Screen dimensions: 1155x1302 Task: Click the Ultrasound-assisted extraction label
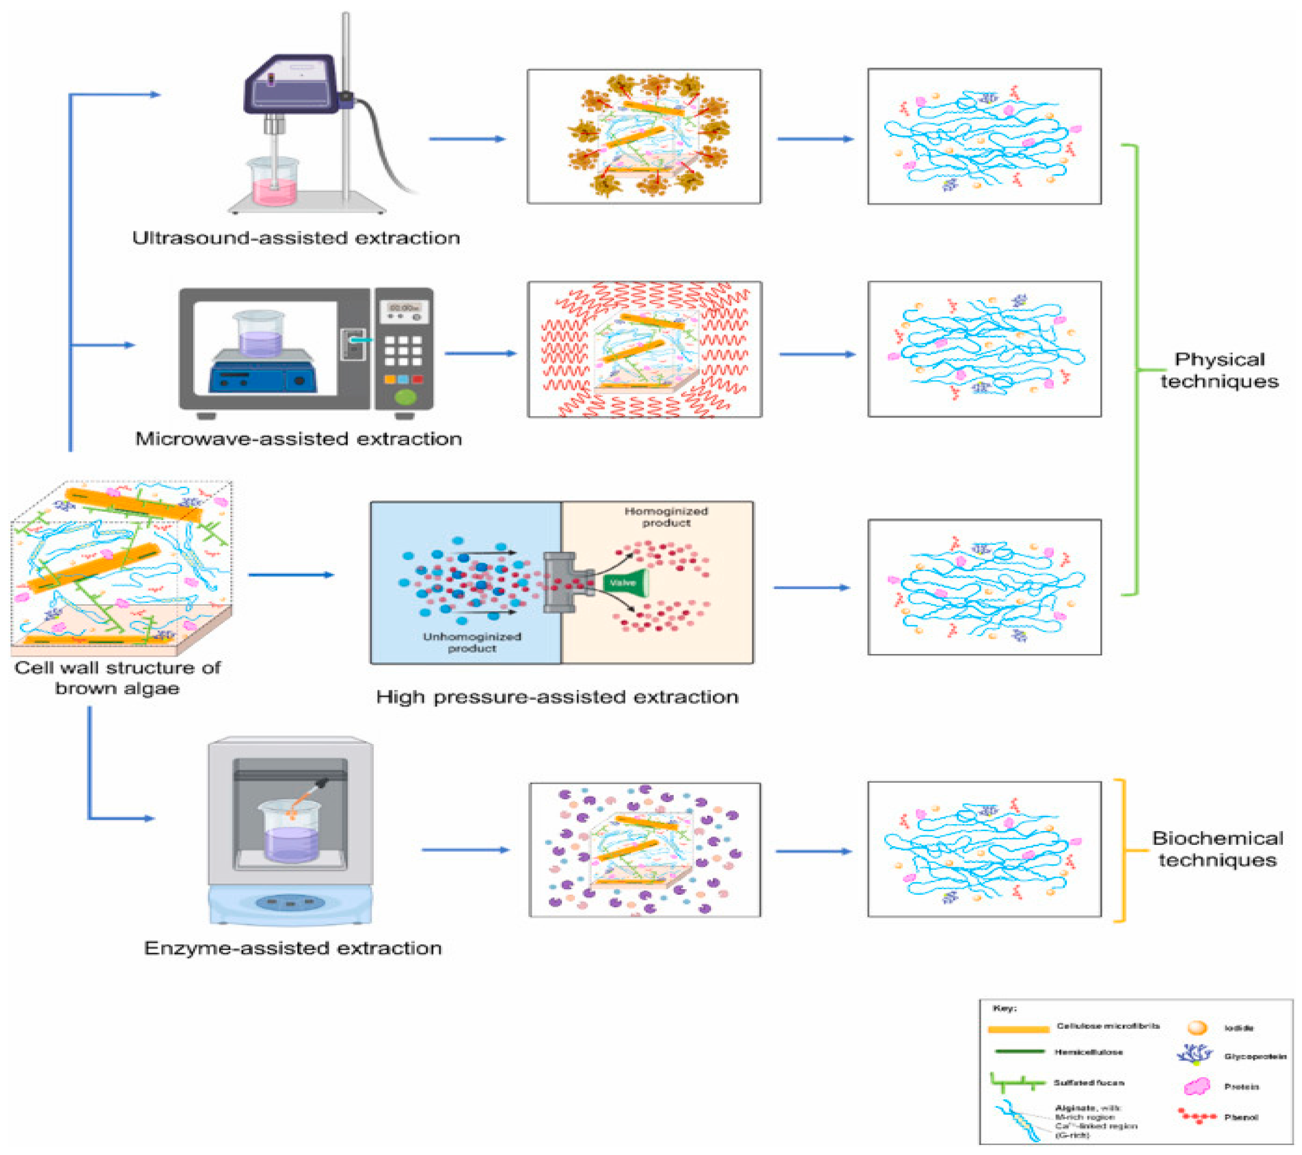click(296, 238)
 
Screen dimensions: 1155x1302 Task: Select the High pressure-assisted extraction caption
click(557, 696)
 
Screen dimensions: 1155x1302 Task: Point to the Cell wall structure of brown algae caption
click(117, 677)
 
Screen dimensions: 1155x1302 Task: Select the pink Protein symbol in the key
click(1197, 1086)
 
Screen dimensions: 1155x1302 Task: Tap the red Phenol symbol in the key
click(1197, 1116)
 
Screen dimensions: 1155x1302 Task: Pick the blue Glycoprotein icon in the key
click(1195, 1055)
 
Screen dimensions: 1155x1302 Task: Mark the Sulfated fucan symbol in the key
click(1017, 1082)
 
